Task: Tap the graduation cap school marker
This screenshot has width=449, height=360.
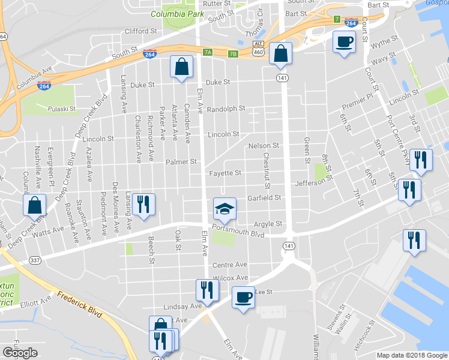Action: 224,209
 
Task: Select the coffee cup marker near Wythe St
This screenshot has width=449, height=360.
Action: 344,42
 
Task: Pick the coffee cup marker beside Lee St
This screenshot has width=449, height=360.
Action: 243,298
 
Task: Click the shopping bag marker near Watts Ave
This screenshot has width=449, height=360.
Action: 35,205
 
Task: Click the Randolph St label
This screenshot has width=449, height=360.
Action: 226,109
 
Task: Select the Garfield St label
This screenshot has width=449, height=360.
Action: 264,197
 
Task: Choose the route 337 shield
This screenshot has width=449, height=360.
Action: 35,259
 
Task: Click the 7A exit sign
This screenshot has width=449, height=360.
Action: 208,52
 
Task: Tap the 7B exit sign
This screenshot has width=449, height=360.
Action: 234,54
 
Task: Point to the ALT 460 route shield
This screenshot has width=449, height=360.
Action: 259,49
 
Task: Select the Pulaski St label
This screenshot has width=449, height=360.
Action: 61,110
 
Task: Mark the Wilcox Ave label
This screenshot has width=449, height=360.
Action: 231,278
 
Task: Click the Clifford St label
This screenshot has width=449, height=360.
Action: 140,31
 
